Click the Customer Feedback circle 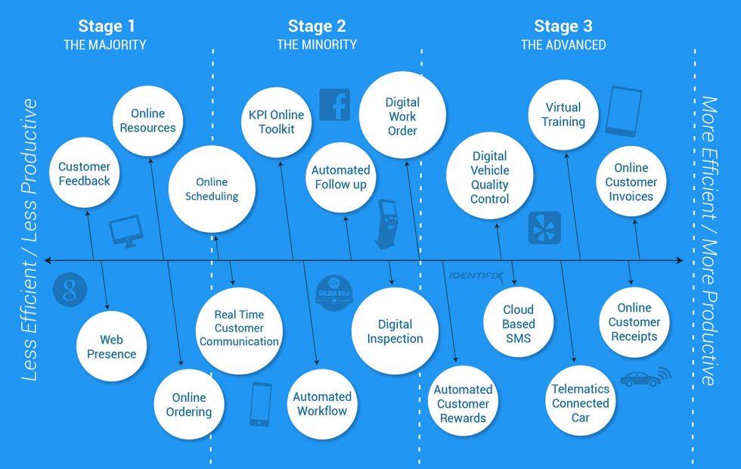(x=84, y=172)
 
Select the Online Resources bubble (x=148, y=120)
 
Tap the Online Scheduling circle (x=212, y=189)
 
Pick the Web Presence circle (x=112, y=346)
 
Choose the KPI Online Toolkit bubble (x=277, y=122)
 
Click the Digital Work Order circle (x=402, y=115)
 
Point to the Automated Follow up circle (x=341, y=177)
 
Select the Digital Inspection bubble (x=395, y=331)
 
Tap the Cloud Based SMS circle (x=519, y=322)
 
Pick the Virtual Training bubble (x=563, y=115)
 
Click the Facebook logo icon (x=334, y=104)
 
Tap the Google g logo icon (x=70, y=289)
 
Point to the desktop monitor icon (x=126, y=231)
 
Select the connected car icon (x=645, y=377)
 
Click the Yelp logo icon (x=544, y=228)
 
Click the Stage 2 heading (x=317, y=26)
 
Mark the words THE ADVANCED (x=563, y=45)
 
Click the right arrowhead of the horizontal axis (x=680, y=260)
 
